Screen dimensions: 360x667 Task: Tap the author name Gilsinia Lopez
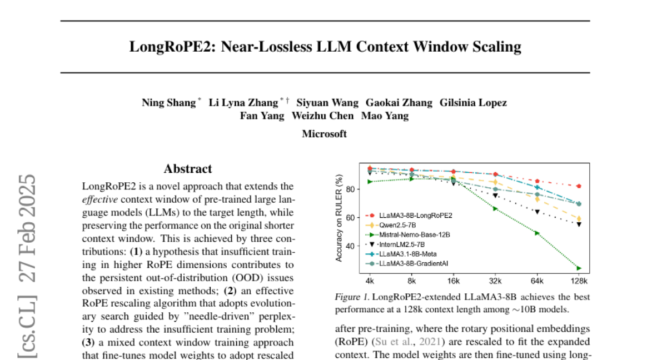click(473, 103)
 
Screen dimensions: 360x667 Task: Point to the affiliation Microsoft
click(325, 134)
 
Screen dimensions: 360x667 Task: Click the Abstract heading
click(188, 169)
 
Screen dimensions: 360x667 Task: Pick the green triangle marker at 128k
click(579, 268)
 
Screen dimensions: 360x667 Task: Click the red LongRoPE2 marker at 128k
click(579, 186)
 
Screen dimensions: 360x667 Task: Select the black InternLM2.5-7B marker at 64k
click(537, 212)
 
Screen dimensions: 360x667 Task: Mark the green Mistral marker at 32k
click(495, 208)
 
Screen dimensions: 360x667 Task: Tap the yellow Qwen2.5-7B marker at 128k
click(579, 218)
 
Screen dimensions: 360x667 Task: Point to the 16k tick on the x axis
click(454, 282)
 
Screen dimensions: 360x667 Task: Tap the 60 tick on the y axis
click(351, 217)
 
